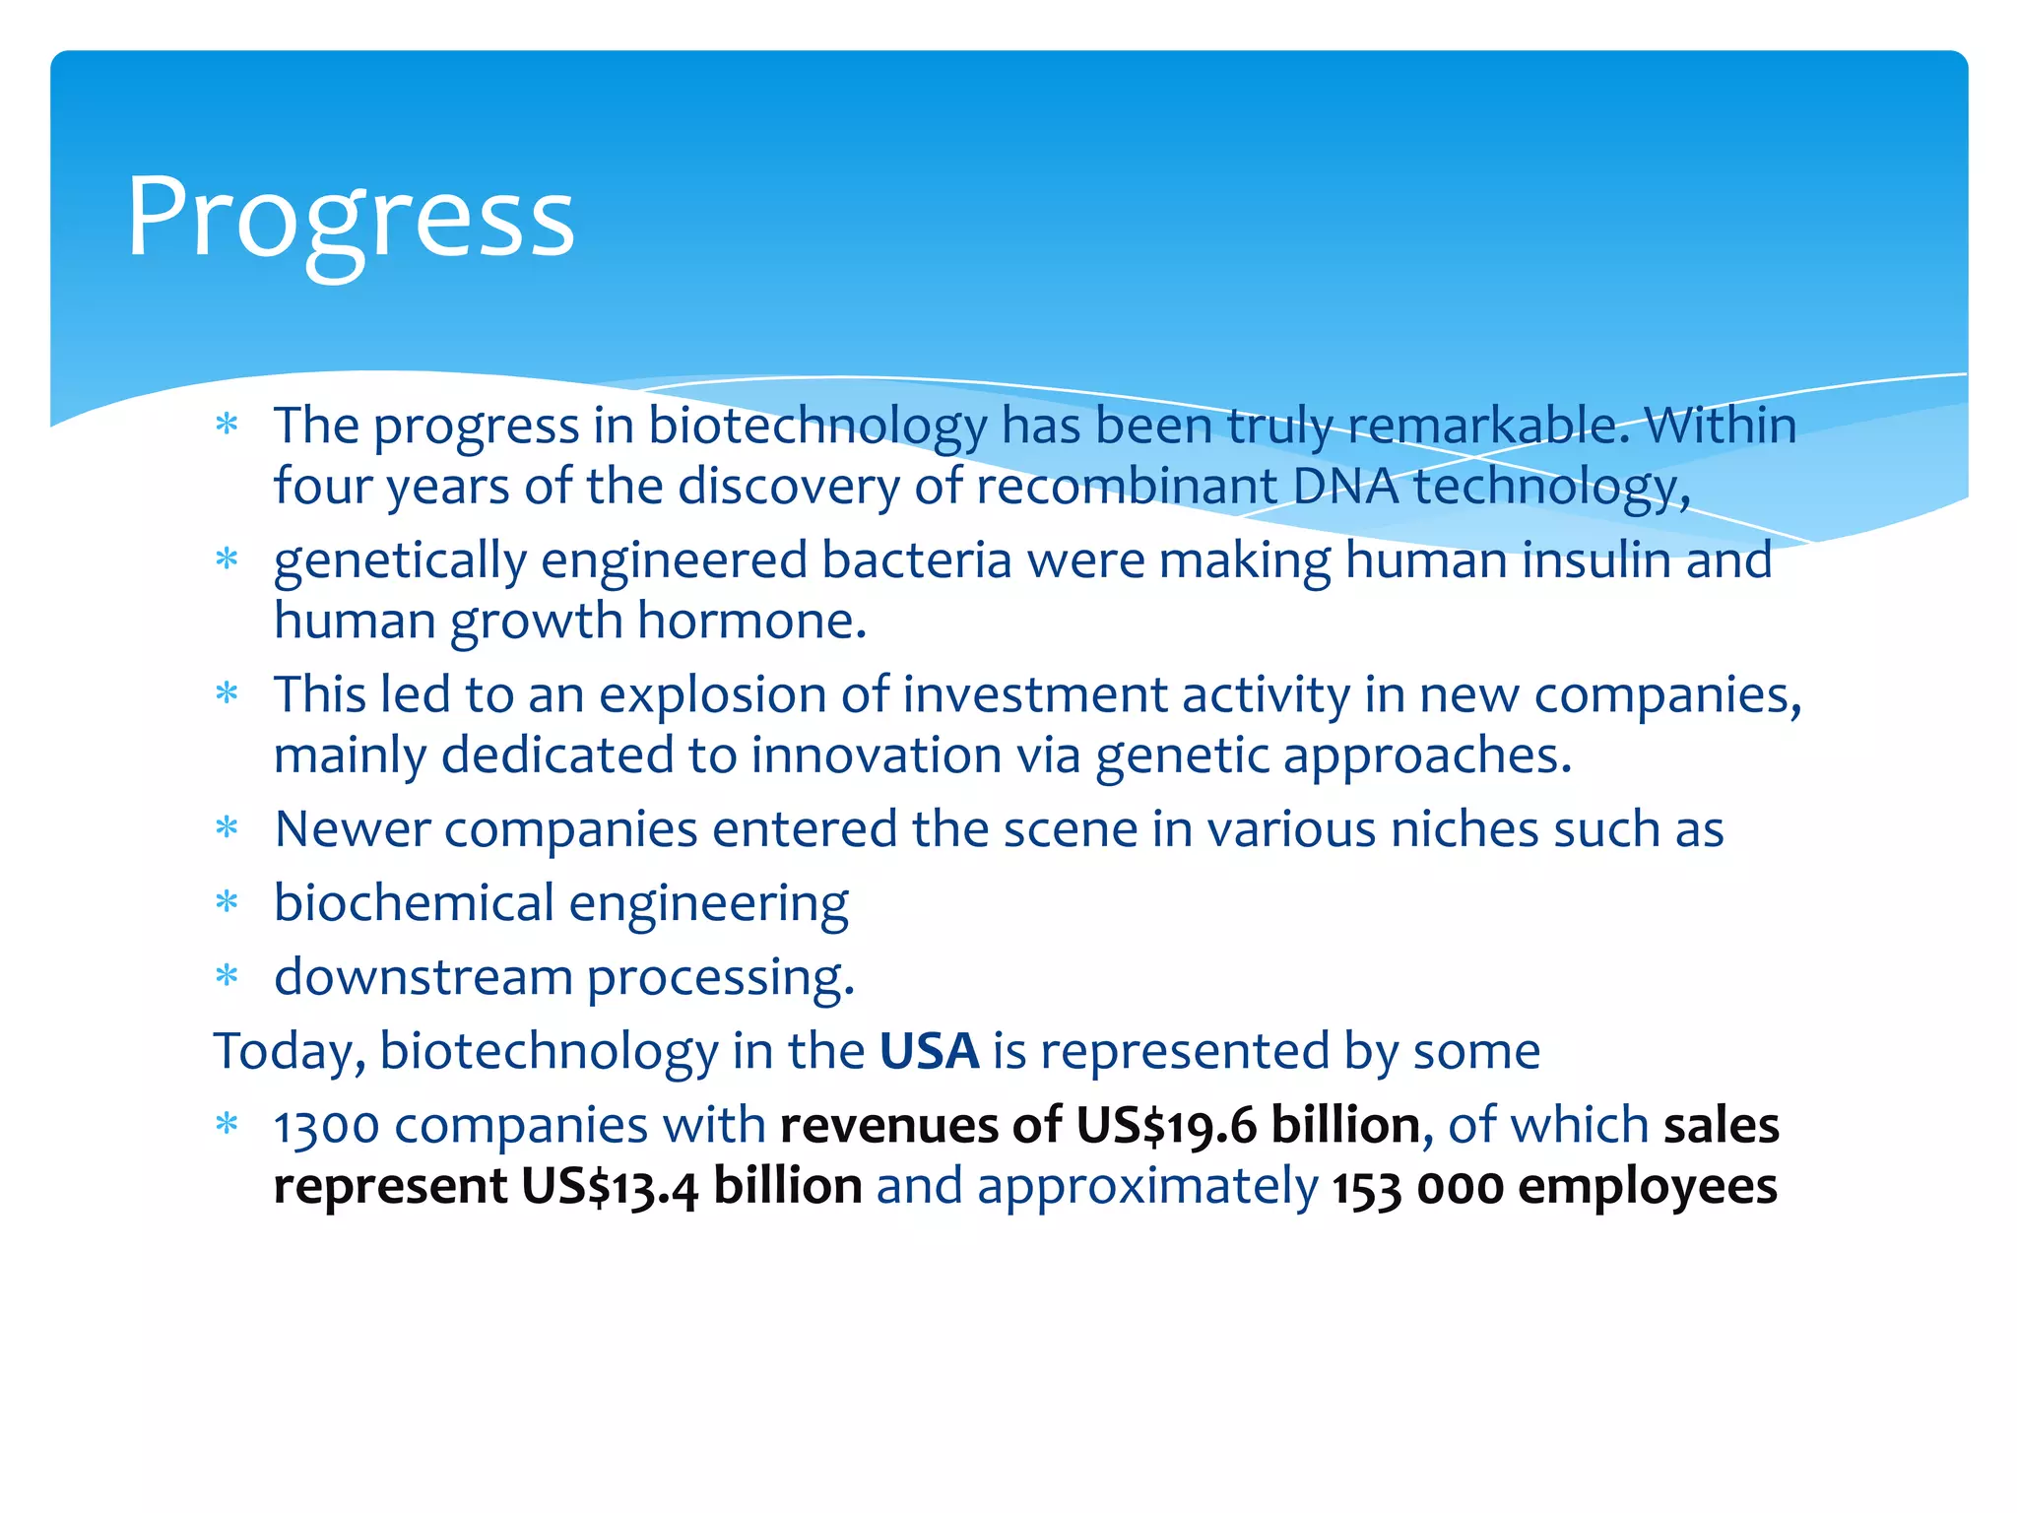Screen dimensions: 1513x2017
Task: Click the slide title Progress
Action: pyautogui.click(x=350, y=219)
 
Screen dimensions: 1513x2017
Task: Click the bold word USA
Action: pyautogui.click(x=929, y=1051)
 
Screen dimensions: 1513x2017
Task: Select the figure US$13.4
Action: pyautogui.click(x=610, y=1186)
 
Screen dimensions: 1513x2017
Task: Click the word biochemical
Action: pyautogui.click(x=414, y=902)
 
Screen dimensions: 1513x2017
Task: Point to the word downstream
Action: pyautogui.click(x=423, y=977)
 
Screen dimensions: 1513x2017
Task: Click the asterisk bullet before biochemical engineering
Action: pyautogui.click(x=228, y=902)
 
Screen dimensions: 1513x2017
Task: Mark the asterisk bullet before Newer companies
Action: pyautogui.click(x=228, y=828)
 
